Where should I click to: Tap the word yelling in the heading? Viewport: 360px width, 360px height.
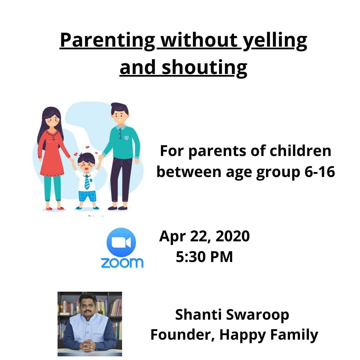pyautogui.click(x=275, y=41)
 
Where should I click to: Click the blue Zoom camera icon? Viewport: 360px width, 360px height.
pyautogui.click(x=121, y=242)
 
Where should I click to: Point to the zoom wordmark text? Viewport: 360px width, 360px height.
pyautogui.click(x=122, y=263)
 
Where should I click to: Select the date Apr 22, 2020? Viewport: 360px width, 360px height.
pyautogui.click(x=204, y=236)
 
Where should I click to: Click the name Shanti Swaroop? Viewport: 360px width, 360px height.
pyautogui.click(x=232, y=315)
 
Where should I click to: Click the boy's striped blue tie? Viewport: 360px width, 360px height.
pyautogui.click(x=87, y=182)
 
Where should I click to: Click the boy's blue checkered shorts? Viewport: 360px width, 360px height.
pyautogui.click(x=87, y=196)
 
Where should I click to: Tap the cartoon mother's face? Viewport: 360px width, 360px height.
pyautogui.click(x=53, y=120)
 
